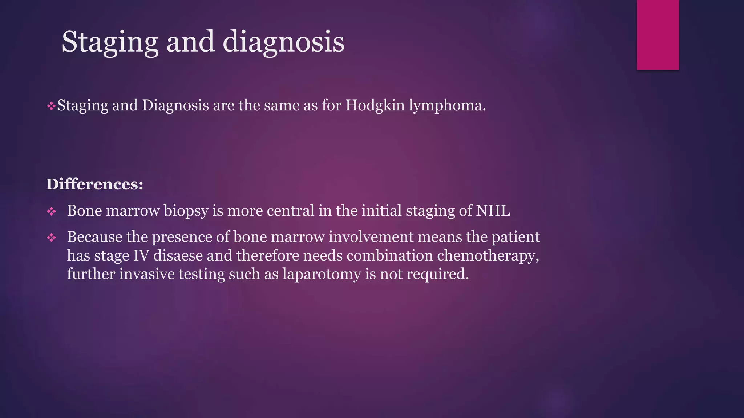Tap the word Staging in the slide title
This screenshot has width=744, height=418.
pyautogui.click(x=110, y=42)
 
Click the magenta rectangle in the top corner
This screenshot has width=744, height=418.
pyautogui.click(x=658, y=34)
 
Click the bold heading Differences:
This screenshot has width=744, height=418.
pyautogui.click(x=95, y=184)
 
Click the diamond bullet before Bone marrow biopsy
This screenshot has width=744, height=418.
pyautogui.click(x=52, y=212)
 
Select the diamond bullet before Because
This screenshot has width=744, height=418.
pyautogui.click(x=52, y=238)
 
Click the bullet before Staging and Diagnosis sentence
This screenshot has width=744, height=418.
pyautogui.click(x=51, y=107)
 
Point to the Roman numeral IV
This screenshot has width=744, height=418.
pyautogui.click(x=141, y=255)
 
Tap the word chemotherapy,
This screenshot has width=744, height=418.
pyautogui.click(x=488, y=255)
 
